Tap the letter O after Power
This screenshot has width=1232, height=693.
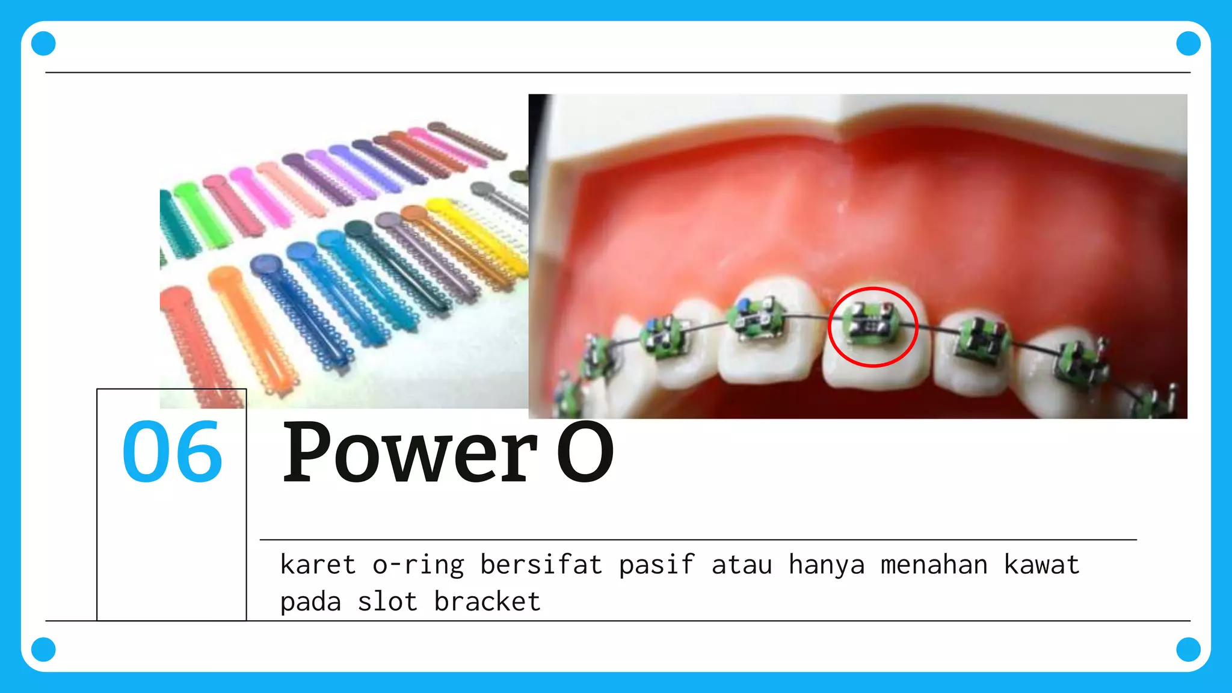click(x=585, y=452)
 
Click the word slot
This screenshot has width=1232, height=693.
click(x=387, y=602)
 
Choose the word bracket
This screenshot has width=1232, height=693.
click(x=487, y=602)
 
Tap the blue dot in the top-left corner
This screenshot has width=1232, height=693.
click(x=43, y=43)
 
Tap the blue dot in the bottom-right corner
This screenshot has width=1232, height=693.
click(x=1188, y=649)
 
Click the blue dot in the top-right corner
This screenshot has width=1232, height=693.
click(x=1188, y=43)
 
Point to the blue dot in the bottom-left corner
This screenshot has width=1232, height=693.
click(x=43, y=649)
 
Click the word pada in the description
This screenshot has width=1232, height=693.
click(x=310, y=602)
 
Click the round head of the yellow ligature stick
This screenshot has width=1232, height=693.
click(x=439, y=206)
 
